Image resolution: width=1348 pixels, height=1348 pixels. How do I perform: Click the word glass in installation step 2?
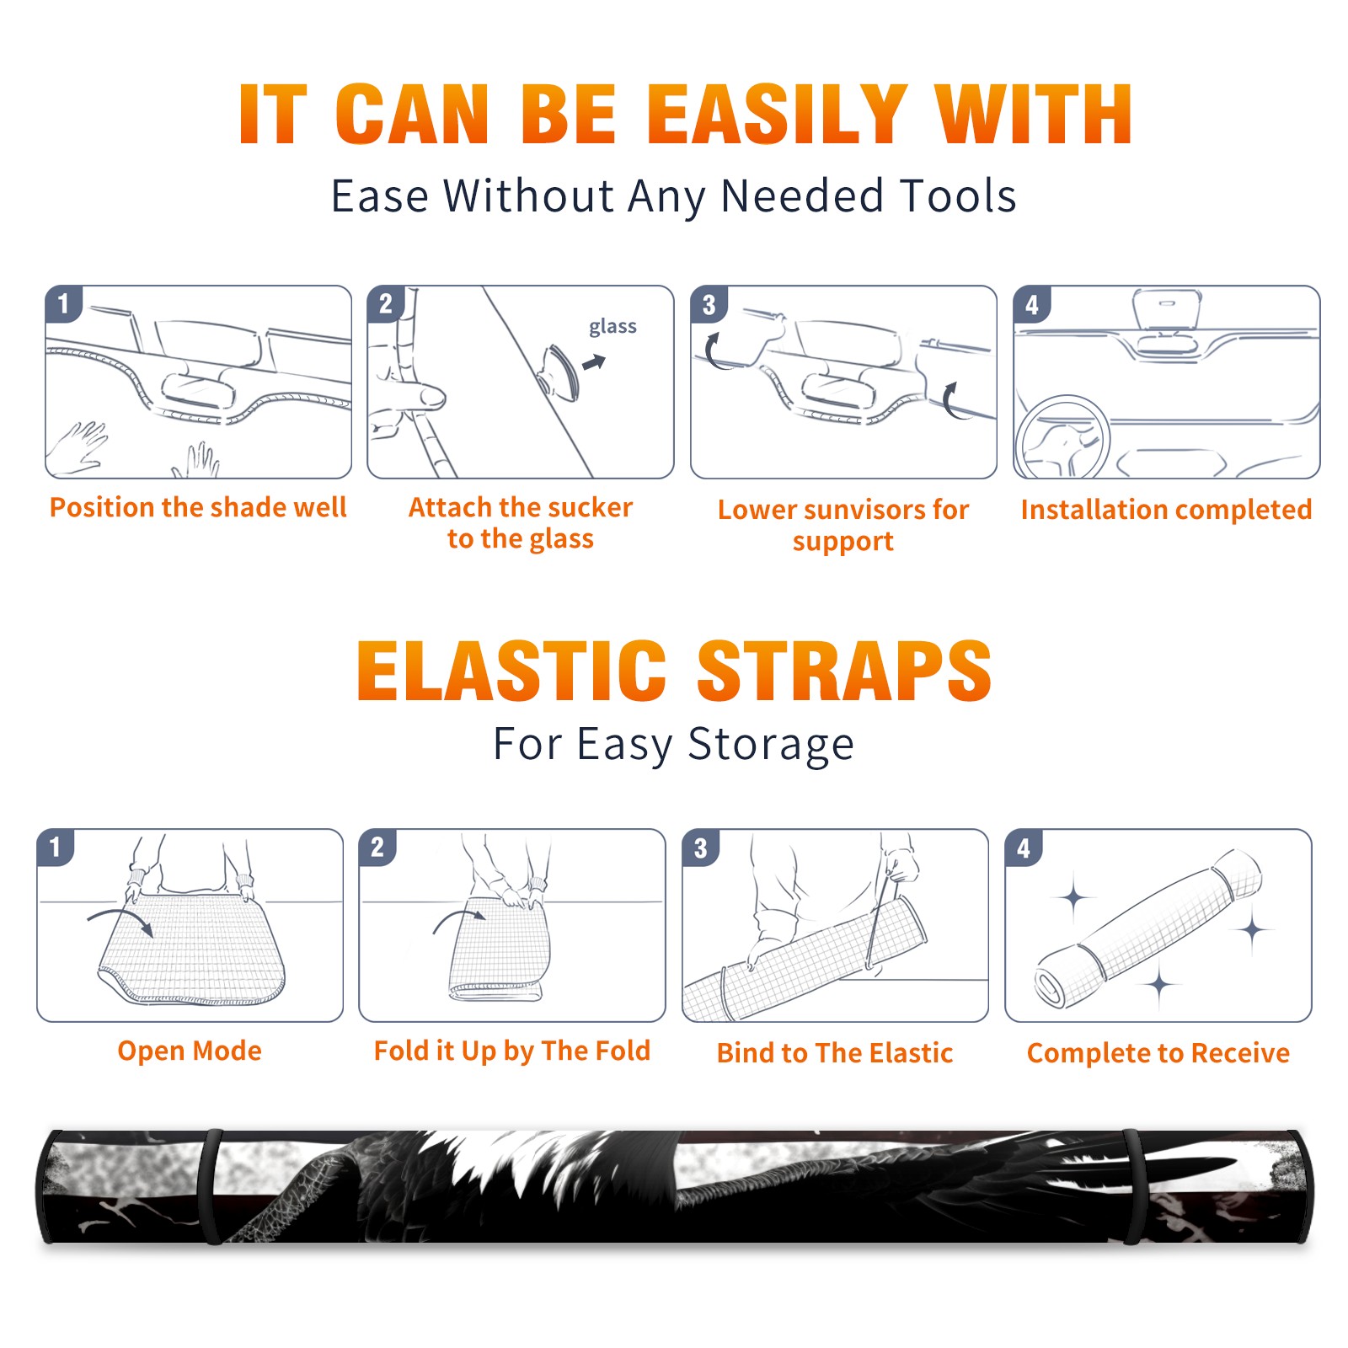pyautogui.click(x=612, y=327)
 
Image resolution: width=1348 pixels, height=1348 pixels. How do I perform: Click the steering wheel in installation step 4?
pyautogui.click(x=1062, y=439)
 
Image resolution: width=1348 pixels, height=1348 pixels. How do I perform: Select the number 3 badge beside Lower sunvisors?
pyautogui.click(x=709, y=304)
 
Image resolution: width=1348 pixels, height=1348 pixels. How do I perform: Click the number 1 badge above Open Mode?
pyautogui.click(x=56, y=847)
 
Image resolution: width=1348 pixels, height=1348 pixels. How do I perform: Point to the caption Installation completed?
pyautogui.click(x=1166, y=510)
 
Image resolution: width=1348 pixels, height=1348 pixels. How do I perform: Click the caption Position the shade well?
pyautogui.click(x=198, y=507)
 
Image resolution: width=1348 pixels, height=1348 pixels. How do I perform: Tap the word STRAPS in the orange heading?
pyautogui.click(x=844, y=671)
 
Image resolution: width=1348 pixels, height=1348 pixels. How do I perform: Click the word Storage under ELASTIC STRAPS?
pyautogui.click(x=771, y=745)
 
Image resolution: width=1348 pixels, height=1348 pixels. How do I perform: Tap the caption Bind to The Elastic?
pyautogui.click(x=834, y=1053)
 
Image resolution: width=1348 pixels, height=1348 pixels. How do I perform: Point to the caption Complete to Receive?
pyautogui.click(x=1158, y=1053)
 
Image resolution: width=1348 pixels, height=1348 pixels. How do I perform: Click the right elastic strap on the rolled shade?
pyautogui.click(x=1131, y=1187)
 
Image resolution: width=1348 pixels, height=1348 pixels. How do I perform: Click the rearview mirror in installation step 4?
pyautogui.click(x=1167, y=309)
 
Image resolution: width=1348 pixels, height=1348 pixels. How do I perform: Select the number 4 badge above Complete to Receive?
pyautogui.click(x=1024, y=847)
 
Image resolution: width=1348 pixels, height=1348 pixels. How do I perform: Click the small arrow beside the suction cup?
pyautogui.click(x=595, y=362)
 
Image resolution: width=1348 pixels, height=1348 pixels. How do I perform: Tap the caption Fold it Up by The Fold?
pyautogui.click(x=512, y=1051)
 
